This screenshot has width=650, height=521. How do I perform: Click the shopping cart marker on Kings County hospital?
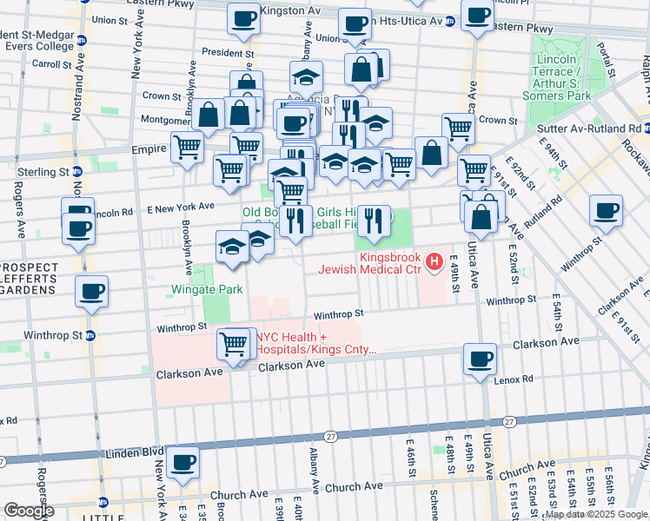233,345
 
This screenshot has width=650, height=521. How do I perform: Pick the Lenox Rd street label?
516,379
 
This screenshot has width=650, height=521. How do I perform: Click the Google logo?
30,511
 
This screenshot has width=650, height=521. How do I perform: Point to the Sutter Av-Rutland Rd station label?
603,128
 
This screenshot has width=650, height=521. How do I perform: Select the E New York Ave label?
180,208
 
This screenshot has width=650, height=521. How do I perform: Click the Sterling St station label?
35,171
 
